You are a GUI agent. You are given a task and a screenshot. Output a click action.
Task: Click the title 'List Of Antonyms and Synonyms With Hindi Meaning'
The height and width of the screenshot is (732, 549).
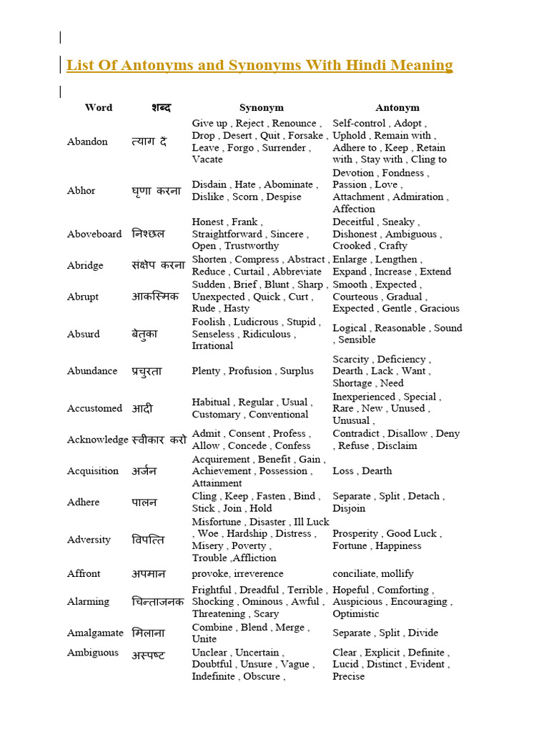[259, 66]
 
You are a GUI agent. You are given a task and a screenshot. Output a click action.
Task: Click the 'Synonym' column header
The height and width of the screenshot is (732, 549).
[261, 108]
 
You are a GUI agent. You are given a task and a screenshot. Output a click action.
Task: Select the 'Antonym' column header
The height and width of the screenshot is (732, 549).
[397, 108]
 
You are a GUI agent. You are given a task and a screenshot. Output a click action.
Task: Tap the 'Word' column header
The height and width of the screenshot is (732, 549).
[99, 108]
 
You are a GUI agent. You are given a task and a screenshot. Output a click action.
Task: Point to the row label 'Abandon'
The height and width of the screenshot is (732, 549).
[87, 142]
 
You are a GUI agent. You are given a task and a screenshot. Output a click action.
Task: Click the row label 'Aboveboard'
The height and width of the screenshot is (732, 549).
[94, 234]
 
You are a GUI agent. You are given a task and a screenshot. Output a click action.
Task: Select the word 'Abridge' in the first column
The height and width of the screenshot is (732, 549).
[85, 265]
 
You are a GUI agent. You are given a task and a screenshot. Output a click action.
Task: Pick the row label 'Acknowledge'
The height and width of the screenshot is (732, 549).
[98, 440]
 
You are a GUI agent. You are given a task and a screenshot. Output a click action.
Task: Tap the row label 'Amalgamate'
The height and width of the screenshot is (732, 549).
[95, 633]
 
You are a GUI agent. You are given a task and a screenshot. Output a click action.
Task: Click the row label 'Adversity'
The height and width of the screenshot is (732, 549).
[89, 540]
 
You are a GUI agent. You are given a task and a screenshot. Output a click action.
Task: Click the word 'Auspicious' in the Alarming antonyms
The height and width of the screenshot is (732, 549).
[357, 602]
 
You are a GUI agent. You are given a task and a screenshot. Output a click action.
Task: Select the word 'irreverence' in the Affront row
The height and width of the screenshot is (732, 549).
[258, 573]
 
